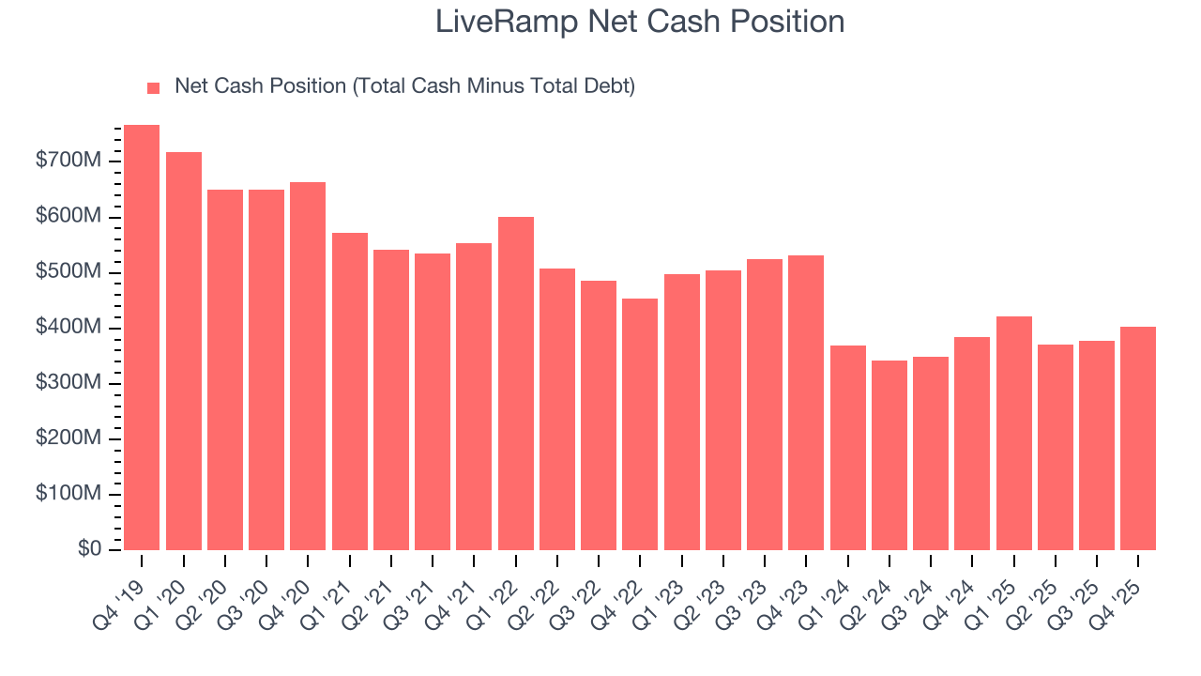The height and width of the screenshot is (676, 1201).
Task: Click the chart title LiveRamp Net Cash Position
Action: pos(640,22)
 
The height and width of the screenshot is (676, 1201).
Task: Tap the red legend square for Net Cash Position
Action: pos(154,88)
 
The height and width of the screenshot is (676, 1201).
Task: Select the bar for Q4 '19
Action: pos(142,337)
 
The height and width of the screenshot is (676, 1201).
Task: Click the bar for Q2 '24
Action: pos(889,454)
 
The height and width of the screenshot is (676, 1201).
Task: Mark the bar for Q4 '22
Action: pos(640,423)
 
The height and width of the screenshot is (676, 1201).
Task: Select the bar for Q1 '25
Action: pos(1013,433)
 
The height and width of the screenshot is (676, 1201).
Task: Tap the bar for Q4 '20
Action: pos(308,365)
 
